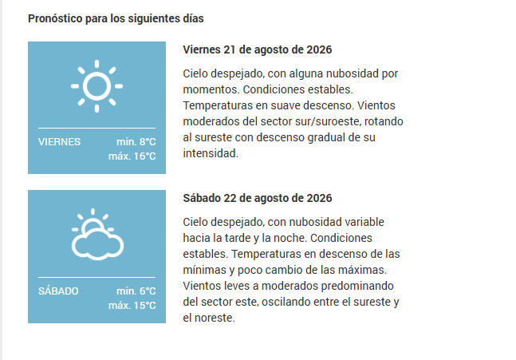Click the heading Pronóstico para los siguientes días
(116, 18)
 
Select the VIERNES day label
(59, 141)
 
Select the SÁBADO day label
(58, 291)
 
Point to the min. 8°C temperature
(136, 141)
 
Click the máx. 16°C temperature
(132, 156)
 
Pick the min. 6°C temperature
(136, 291)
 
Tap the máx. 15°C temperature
(132, 305)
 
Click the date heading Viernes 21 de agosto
(258, 49)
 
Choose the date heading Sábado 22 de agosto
(258, 198)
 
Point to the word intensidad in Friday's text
(211, 153)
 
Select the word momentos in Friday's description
(211, 89)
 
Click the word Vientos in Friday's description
(376, 105)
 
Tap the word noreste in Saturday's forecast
(215, 318)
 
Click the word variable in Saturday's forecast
(364, 222)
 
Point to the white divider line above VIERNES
(97, 128)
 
